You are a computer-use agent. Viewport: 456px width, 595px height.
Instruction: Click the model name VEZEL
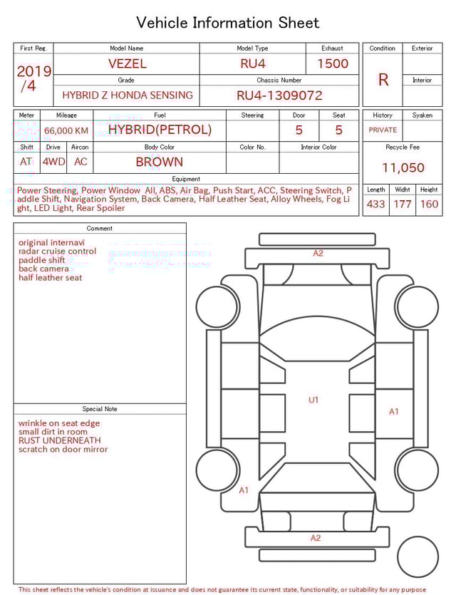point(128,63)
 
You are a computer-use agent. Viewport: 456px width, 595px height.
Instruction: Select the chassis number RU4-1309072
point(279,95)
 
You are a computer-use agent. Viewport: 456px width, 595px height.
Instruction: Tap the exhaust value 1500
point(333,63)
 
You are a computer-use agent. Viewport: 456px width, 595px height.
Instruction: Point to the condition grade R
point(383,80)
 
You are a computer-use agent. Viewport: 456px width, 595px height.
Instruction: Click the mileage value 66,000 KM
point(66,130)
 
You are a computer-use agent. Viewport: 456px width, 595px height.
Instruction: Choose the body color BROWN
point(160,162)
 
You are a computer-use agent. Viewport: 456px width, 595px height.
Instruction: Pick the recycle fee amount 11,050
point(403,168)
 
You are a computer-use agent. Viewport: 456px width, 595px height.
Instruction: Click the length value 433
point(375,205)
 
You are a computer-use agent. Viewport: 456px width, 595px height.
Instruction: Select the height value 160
point(429,205)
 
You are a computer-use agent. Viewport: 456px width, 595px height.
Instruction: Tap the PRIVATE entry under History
point(383,130)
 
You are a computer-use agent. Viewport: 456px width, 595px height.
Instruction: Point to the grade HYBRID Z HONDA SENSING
point(128,95)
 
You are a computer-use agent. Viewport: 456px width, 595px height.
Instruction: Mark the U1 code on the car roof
point(313,400)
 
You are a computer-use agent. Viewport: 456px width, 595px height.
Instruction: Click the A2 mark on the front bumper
point(318,253)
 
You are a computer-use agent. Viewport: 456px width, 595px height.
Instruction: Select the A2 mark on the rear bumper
point(316,538)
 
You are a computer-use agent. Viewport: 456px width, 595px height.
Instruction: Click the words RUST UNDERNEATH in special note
point(60,440)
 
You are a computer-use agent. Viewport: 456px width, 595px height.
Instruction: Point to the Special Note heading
point(100,409)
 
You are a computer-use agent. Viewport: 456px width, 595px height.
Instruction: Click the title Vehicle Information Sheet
point(228,23)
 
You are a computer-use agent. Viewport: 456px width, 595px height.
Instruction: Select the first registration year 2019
point(34,71)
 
